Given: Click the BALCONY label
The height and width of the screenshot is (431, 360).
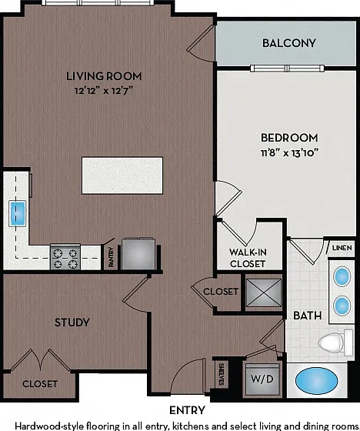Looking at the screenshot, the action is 288,43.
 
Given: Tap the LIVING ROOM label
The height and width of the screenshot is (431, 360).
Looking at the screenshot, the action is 104,76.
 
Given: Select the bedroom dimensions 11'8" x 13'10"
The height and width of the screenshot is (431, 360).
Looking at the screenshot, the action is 289,152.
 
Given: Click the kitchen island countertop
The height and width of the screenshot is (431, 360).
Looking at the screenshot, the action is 122,175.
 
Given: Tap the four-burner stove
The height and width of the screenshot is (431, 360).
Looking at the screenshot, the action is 65,257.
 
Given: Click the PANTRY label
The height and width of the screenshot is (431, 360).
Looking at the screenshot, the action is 111,257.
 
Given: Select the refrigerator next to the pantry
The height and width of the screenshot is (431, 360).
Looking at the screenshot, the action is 138,254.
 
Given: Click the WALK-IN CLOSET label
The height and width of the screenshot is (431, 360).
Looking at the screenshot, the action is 248,258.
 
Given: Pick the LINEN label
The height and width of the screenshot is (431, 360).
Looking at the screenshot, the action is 342,248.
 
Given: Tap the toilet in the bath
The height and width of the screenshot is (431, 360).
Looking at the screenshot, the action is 335,342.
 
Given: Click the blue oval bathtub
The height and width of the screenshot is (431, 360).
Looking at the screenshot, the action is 317,381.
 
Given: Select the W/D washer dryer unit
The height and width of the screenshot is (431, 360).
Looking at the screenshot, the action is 262,379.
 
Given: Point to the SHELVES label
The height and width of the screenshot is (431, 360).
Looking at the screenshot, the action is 222,374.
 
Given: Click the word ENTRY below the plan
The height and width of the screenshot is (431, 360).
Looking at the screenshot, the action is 187,410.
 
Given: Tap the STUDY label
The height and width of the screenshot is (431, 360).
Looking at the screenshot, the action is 72,322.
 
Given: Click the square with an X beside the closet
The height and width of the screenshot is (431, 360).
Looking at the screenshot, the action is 264,292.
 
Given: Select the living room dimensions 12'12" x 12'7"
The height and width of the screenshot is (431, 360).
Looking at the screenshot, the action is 104,91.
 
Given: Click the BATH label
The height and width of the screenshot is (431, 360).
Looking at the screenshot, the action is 307,316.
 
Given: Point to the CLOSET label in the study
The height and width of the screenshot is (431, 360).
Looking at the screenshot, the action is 40,384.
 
